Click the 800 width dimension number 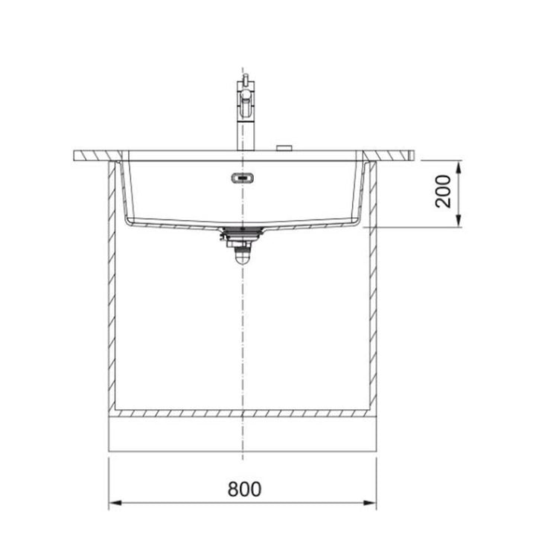point(244,489)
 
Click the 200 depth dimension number point(443,191)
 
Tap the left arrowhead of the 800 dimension point(115,503)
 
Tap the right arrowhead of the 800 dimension point(370,503)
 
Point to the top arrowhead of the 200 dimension point(458,167)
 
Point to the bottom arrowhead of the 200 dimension point(458,221)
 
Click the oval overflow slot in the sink point(243,178)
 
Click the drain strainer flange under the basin point(242,231)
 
